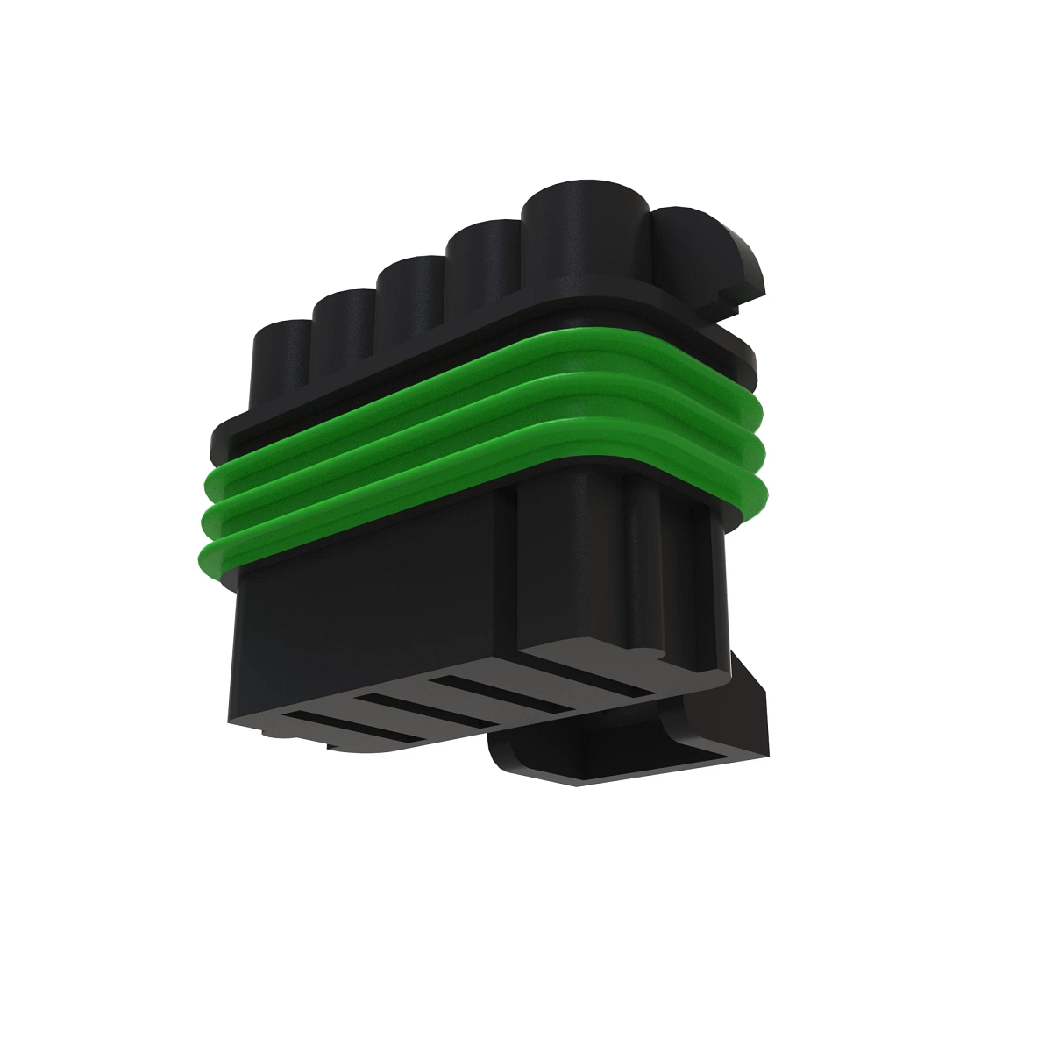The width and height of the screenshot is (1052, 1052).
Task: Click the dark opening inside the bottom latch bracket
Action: click(x=631, y=757)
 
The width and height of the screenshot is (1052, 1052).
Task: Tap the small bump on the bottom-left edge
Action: click(x=338, y=746)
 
